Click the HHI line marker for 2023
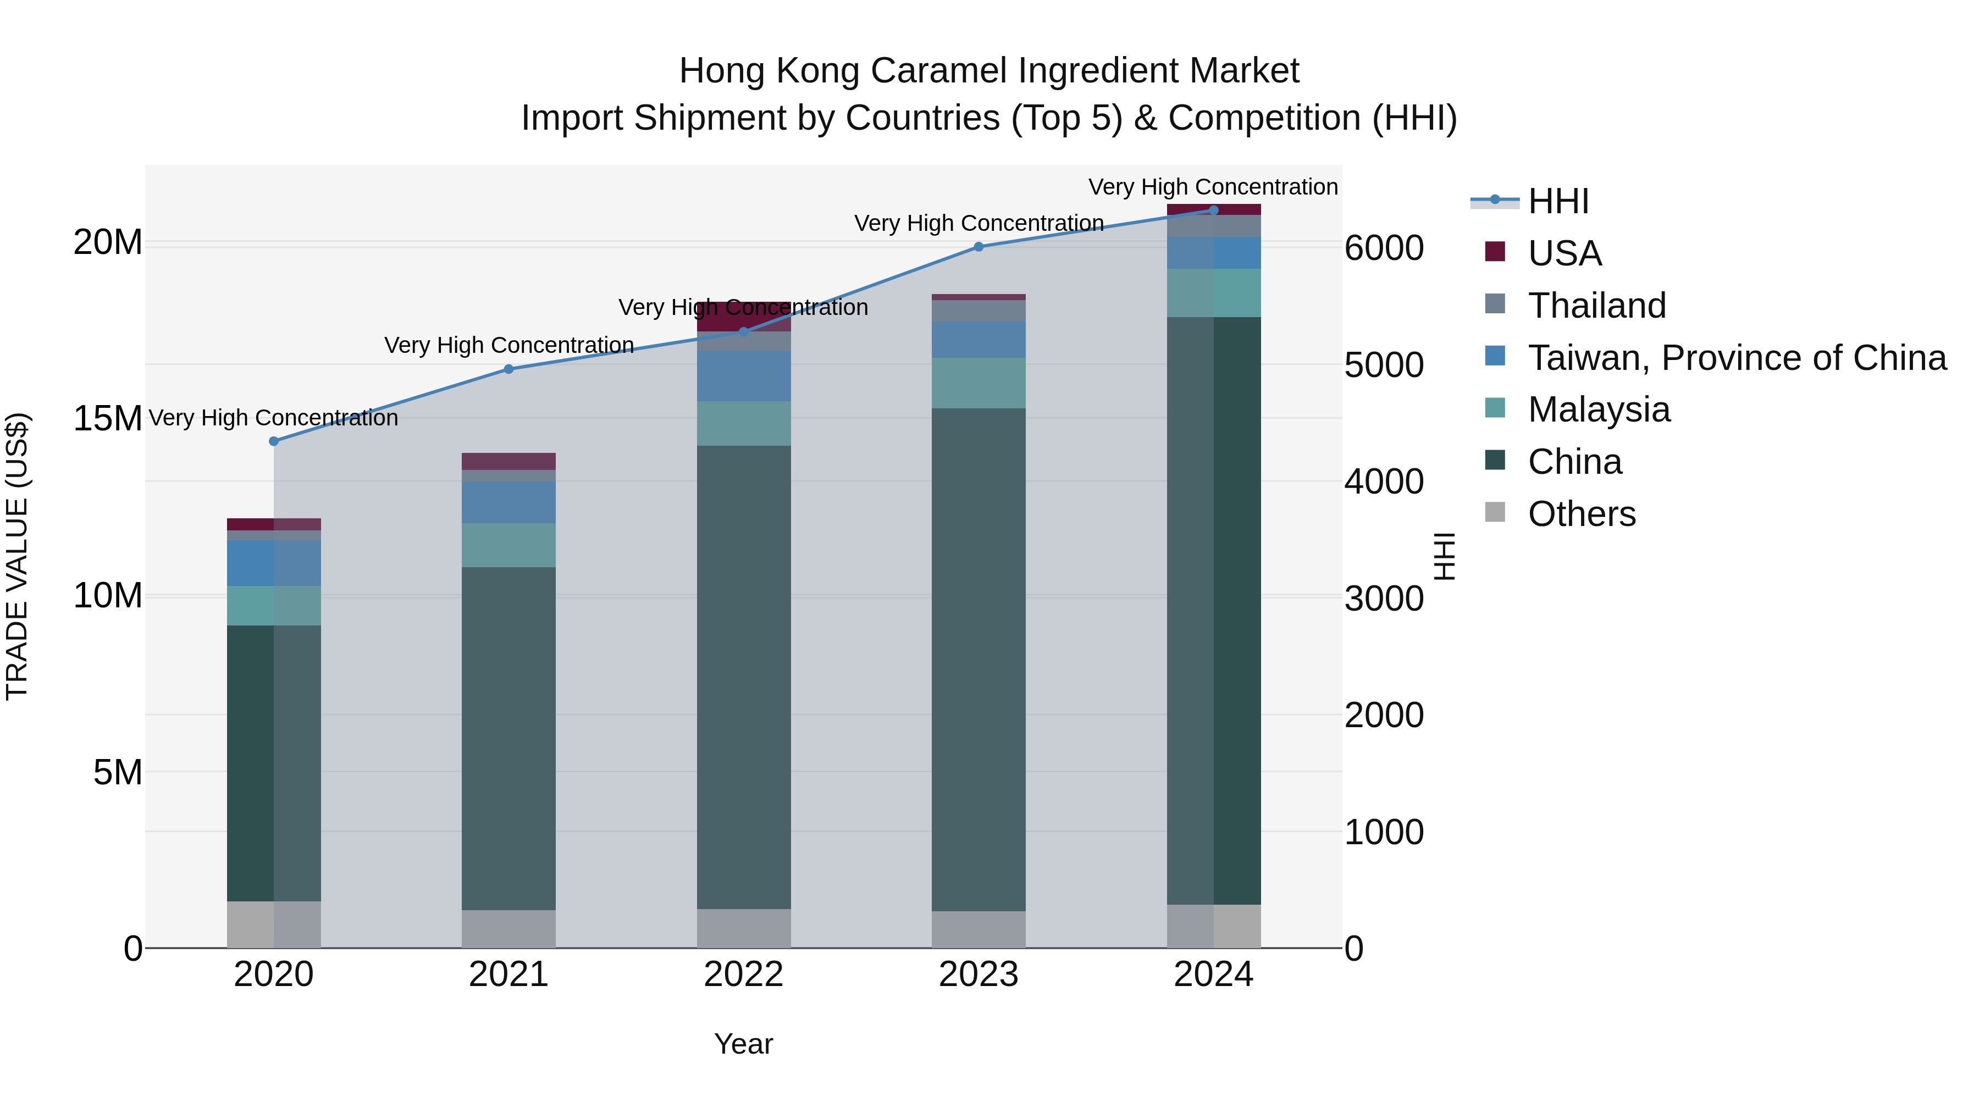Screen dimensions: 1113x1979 (978, 247)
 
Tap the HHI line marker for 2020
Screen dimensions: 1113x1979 (274, 441)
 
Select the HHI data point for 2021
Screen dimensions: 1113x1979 (508, 369)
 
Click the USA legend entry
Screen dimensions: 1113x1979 (1564, 253)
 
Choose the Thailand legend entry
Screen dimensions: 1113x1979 (1596, 305)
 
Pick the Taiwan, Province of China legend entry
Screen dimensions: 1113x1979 (1736, 357)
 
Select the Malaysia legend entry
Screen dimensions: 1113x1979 (1598, 409)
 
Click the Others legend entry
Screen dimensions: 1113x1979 (1581, 514)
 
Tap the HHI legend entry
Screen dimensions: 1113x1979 (1558, 201)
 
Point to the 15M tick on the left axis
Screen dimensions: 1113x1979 (108, 419)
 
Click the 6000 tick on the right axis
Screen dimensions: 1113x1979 (1384, 248)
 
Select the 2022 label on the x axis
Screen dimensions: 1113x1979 (743, 974)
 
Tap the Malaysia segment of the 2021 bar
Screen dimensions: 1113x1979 (508, 545)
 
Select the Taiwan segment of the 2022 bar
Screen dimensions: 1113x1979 (743, 375)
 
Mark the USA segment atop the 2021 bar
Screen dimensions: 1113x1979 (508, 461)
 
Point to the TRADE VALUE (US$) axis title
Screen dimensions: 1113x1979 (17, 556)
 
